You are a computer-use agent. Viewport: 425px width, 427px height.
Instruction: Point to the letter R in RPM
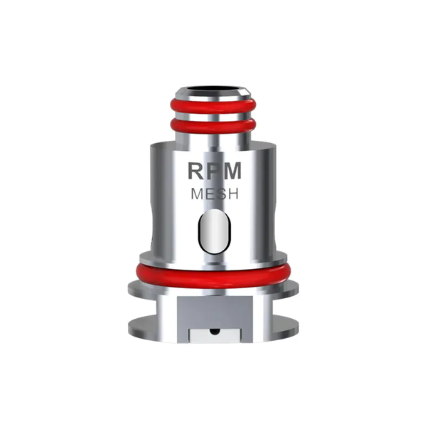click(x=195, y=171)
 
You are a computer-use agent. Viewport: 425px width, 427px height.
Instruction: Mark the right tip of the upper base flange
click(x=297, y=290)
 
